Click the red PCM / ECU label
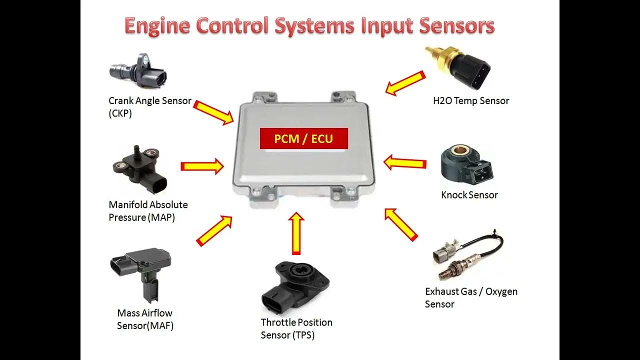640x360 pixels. [303, 138]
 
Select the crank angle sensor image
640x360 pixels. [137, 72]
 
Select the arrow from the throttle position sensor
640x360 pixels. [296, 233]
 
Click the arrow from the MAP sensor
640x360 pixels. [202, 166]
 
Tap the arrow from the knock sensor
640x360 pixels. [405, 162]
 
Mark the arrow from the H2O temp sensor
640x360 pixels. [405, 82]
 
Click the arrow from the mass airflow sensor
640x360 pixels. [214, 230]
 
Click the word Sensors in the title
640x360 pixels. [456, 25]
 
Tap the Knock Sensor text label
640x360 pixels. [469, 195]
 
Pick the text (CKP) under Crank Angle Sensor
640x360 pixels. [120, 113]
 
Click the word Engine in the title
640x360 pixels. [157, 25]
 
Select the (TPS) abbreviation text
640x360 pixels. [287, 335]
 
